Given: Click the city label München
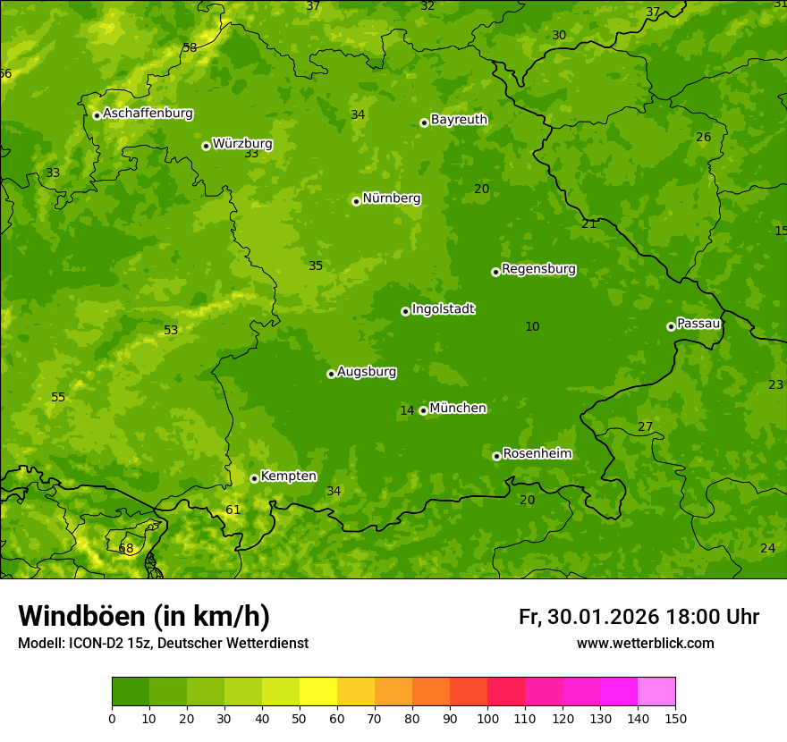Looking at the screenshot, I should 458,409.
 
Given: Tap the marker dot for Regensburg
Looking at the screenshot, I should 495,272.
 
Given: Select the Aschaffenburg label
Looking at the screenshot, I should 148,114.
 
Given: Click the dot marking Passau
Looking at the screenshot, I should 671,326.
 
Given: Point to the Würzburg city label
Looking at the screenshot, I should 242,144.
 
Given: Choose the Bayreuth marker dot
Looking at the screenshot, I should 424,122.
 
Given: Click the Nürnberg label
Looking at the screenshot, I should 392,198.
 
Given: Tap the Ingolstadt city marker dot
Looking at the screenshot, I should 405,311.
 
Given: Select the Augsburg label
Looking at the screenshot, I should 367,372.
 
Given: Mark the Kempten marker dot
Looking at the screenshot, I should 254,478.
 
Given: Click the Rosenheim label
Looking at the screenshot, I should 537,454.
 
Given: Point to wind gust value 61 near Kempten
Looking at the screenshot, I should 233,510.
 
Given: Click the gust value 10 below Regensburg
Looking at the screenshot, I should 532,327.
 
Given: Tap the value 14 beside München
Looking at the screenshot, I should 407,411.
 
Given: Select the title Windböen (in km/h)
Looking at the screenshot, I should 144,616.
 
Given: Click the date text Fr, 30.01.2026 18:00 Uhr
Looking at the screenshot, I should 639,617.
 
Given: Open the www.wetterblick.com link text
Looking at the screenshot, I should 645,644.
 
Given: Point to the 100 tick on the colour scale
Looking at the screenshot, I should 487,718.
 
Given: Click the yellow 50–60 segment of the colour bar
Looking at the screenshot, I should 318,691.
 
